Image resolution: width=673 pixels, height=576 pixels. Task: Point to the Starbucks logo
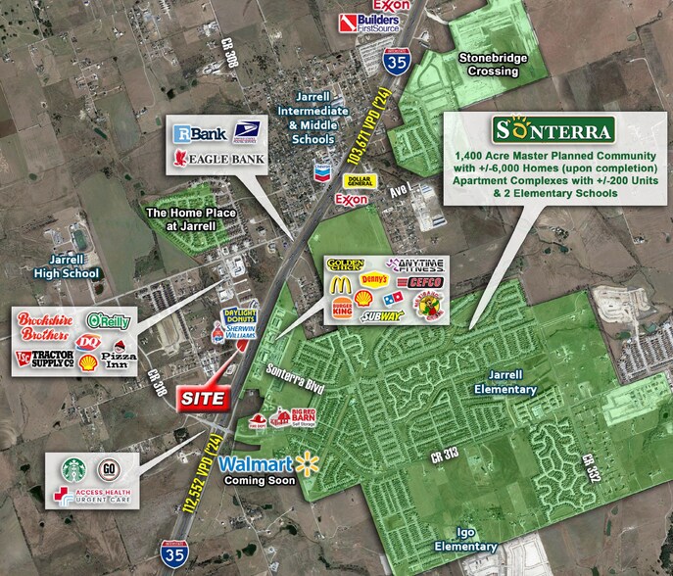tap(72, 469)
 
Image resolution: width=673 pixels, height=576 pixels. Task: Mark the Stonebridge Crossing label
tap(493, 65)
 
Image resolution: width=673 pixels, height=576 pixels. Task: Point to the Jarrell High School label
tap(65, 265)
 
